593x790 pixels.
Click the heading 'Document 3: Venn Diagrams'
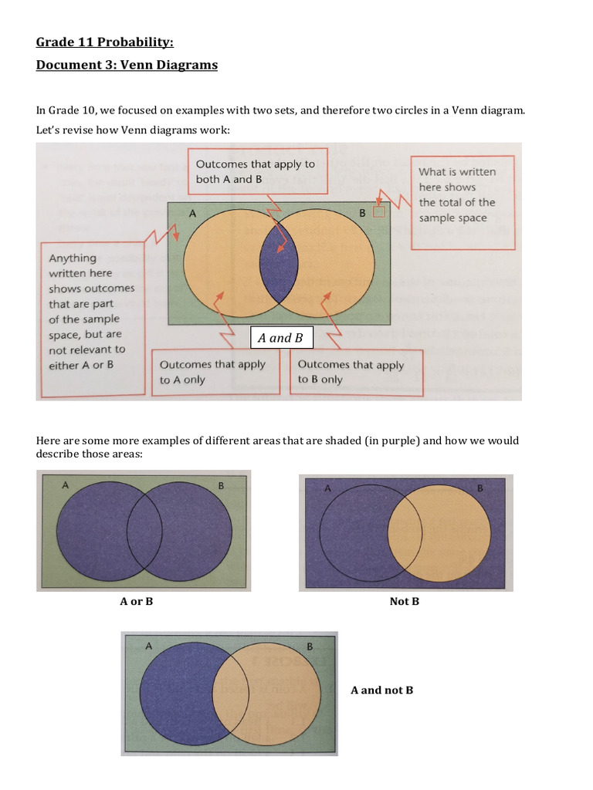(127, 65)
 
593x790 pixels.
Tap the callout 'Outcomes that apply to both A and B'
(255, 171)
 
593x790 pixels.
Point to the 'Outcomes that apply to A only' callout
(212, 372)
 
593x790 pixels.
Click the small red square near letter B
(378, 212)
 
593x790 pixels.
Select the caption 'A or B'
(136, 601)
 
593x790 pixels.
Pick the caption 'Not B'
(404, 601)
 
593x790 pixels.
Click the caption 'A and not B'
(381, 690)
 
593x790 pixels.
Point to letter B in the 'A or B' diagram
(221, 486)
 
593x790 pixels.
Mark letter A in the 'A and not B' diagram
(148, 647)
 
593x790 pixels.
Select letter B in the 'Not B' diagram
(480, 488)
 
